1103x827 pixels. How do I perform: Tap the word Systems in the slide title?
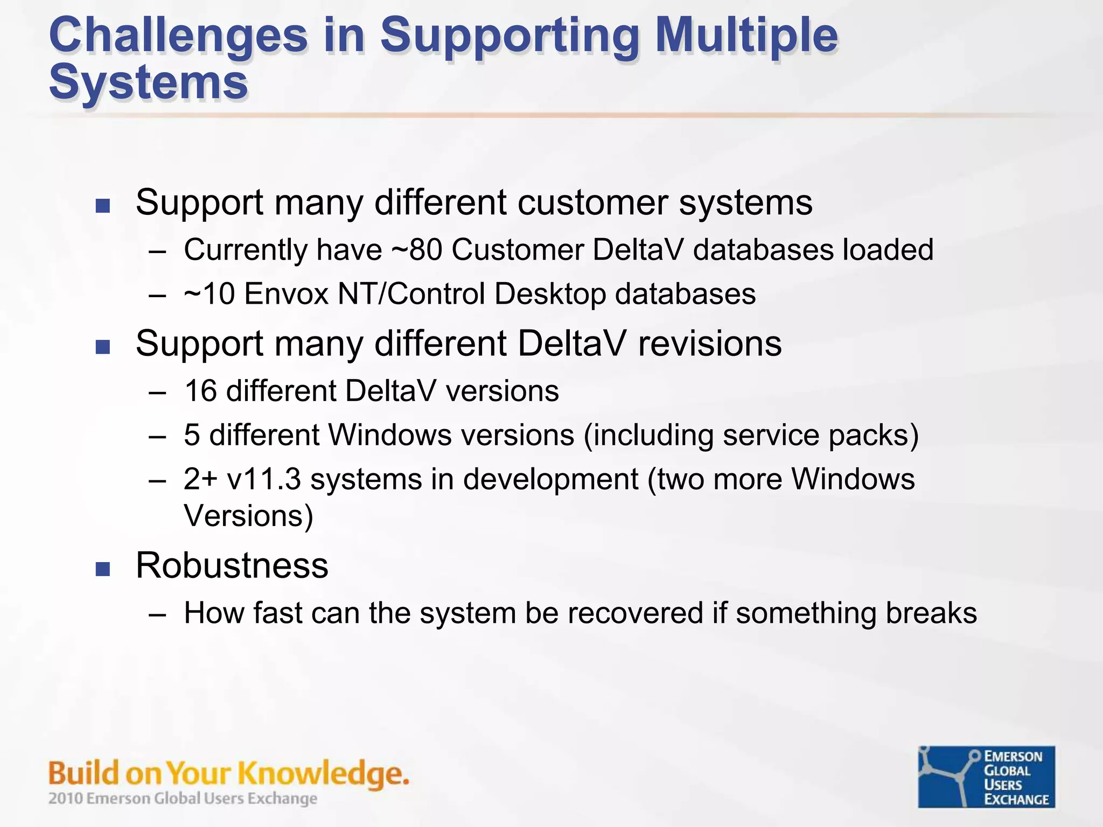tap(148, 82)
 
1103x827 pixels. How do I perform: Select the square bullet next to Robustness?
tap(103, 569)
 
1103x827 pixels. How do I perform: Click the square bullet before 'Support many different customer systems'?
tap(103, 206)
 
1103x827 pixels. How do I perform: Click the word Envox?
tap(286, 294)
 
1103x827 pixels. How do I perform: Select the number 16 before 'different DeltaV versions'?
tap(200, 391)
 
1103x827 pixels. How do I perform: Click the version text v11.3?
tap(263, 479)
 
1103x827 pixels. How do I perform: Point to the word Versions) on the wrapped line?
tap(248, 516)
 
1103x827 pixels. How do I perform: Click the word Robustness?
tap(232, 565)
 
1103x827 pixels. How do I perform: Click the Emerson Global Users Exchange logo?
tap(986, 776)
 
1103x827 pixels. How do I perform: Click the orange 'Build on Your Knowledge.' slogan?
tap(228, 774)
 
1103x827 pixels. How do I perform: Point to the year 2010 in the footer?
tap(66, 798)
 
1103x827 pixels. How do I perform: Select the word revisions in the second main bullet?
tap(709, 344)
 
